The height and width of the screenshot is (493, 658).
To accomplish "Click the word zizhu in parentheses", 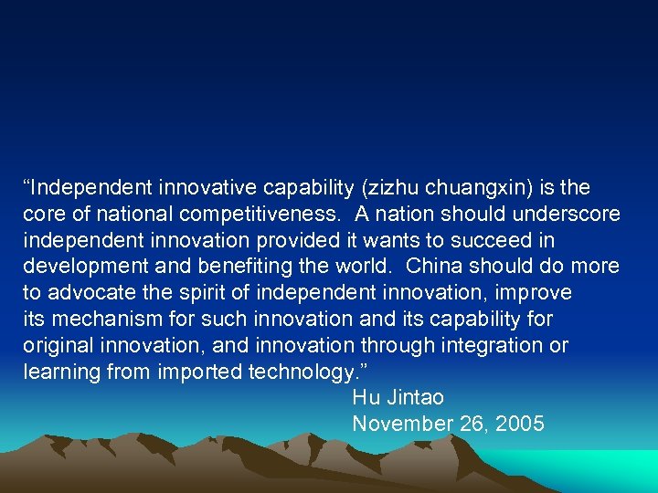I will [x=393, y=188].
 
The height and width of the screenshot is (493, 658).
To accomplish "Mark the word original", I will [x=56, y=346].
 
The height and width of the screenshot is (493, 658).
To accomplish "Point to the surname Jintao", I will [x=415, y=398].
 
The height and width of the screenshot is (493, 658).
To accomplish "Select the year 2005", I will [x=520, y=425].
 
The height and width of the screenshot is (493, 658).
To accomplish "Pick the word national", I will [x=114, y=215].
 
